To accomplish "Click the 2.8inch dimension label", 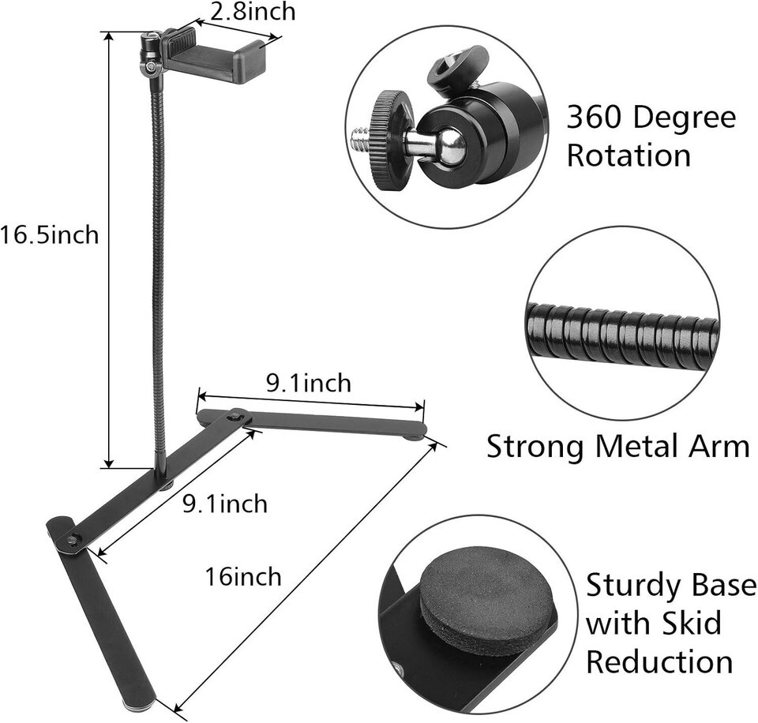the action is click(253, 12).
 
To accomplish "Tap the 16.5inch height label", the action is click(49, 235).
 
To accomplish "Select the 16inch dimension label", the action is click(243, 576).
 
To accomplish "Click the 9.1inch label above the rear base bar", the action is click(309, 384).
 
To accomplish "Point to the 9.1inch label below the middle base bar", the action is click(225, 504).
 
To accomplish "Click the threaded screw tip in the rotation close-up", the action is click(358, 140).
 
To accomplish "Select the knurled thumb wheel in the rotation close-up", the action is click(389, 140).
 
